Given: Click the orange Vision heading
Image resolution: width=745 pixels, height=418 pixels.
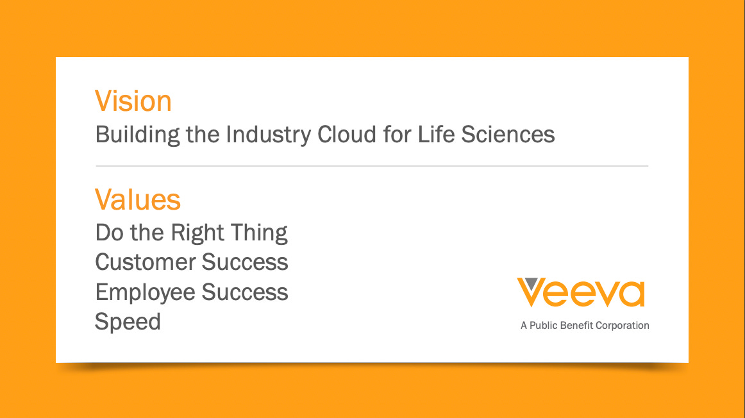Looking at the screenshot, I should point(133,101).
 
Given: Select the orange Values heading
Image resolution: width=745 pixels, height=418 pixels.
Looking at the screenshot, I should point(138,199).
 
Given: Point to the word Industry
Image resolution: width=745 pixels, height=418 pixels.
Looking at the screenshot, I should point(269,135).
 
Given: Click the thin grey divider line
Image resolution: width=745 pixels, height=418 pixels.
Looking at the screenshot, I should point(372,166).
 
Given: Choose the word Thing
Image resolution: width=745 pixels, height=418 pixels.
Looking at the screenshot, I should point(259,233).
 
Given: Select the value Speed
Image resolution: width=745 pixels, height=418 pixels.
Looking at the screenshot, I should point(128,321).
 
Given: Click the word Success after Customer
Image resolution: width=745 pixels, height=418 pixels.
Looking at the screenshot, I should point(245,262).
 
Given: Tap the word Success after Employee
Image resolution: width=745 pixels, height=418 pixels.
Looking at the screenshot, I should point(245,292).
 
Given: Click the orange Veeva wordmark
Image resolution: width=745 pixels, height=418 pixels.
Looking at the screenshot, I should point(581,293).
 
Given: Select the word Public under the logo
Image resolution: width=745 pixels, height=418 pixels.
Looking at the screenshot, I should point(545,326).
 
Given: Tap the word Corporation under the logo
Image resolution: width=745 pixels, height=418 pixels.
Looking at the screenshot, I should point(623,326).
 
